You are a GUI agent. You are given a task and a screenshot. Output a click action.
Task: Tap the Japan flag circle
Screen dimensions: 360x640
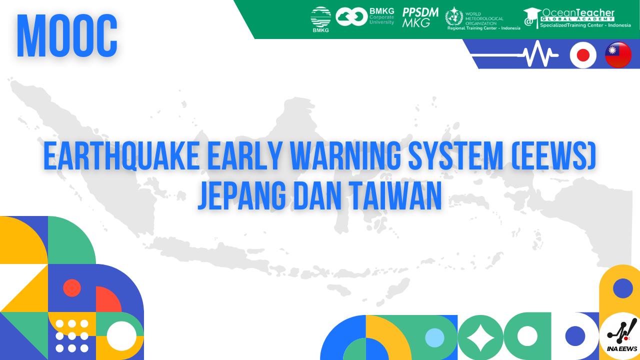pos(583,54)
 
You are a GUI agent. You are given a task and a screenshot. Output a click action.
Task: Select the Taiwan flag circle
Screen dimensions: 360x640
pos(618,54)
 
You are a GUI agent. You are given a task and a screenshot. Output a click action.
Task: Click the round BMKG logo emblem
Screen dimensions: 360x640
pos(320,18)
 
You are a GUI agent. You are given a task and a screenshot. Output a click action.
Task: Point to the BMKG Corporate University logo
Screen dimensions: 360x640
pos(365,16)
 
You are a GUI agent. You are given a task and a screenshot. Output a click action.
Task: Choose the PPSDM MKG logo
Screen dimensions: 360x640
pos(420,17)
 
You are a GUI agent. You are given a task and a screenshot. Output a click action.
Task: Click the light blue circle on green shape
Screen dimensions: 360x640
pos(434,338)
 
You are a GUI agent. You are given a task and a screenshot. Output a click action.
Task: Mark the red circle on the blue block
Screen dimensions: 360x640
pos(72,288)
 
